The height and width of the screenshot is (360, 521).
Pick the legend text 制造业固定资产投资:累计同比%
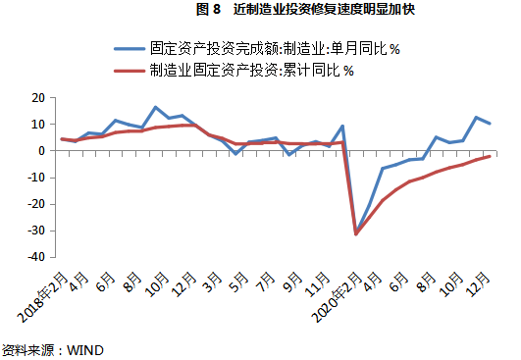tap(253, 70)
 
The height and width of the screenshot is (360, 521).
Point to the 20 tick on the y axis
tap(39, 98)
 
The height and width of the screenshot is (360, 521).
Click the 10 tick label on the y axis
tap(39, 125)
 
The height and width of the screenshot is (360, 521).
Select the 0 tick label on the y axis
tap(43, 151)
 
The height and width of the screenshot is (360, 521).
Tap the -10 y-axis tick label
tap(37, 178)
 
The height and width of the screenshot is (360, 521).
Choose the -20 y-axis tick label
tap(37, 204)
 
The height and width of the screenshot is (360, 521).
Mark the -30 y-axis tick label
tap(37, 231)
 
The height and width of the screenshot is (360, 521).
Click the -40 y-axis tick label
tap(37, 257)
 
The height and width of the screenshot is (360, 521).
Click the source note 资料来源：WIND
tap(52, 348)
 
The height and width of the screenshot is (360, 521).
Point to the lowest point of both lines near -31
tap(356, 233)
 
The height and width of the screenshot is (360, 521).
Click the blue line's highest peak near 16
tap(155, 107)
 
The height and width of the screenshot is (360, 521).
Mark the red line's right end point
tap(490, 156)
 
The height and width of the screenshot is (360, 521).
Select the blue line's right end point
tap(490, 124)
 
